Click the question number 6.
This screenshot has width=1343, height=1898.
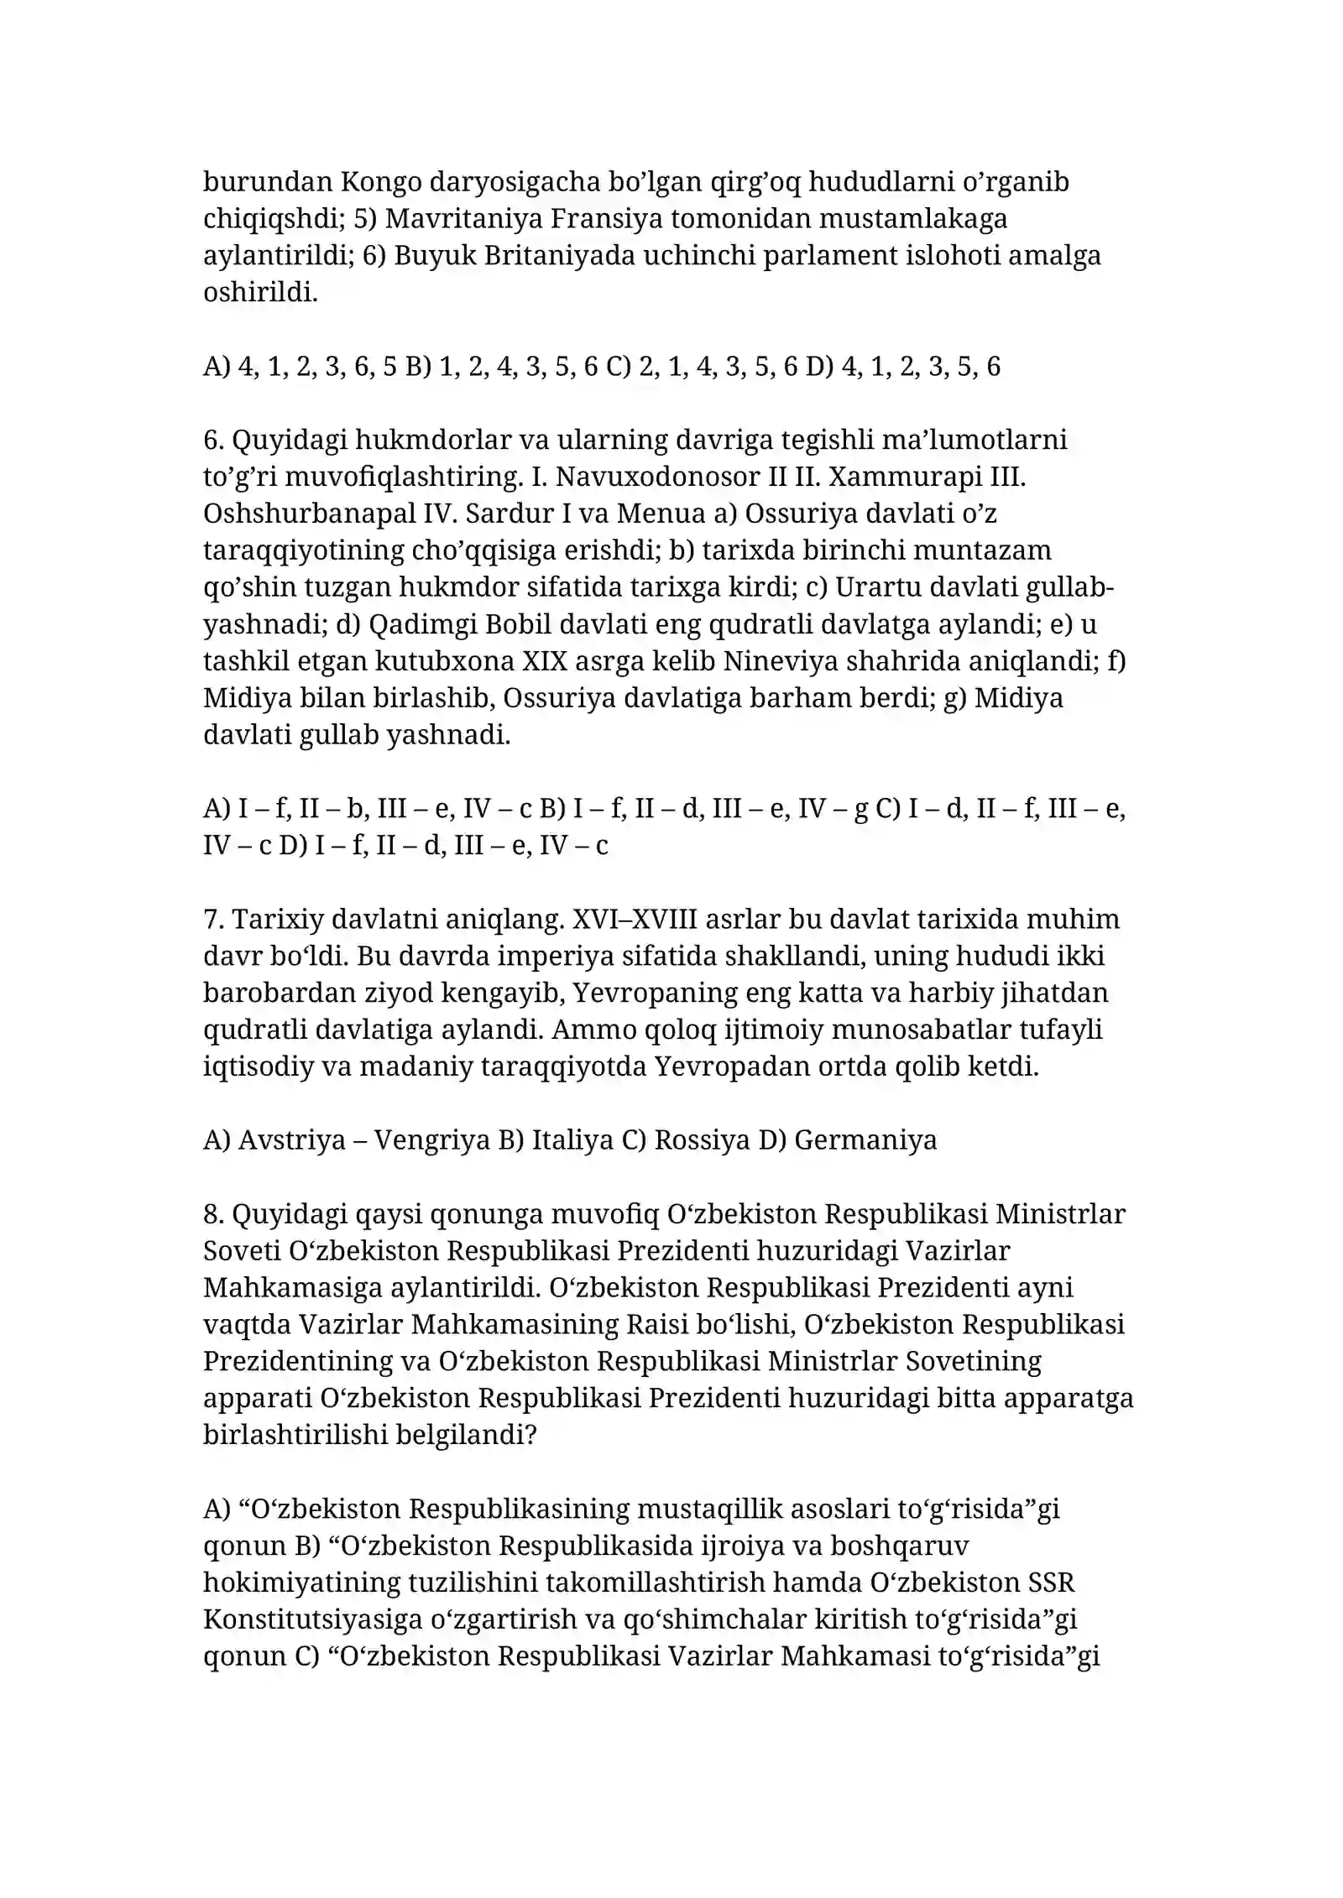tap(211, 439)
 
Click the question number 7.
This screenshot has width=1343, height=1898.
tap(211, 919)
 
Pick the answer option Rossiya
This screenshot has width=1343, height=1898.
tap(702, 1139)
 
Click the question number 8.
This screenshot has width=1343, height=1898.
tap(211, 1213)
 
